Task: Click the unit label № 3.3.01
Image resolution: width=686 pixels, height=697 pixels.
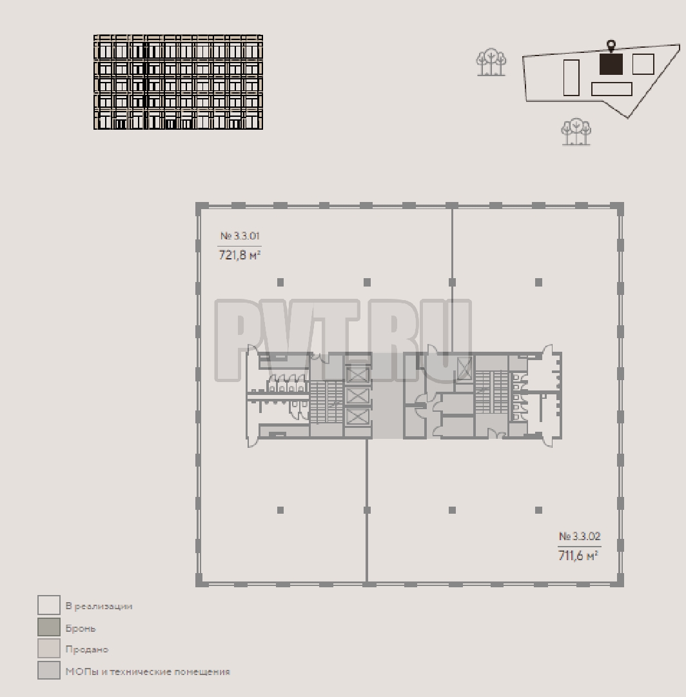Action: pyautogui.click(x=239, y=236)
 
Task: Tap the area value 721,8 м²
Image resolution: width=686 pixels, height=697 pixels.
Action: pyautogui.click(x=239, y=256)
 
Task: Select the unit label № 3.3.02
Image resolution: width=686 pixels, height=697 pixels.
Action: pyautogui.click(x=580, y=536)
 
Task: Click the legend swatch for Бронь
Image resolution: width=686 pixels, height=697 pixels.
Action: pyautogui.click(x=49, y=627)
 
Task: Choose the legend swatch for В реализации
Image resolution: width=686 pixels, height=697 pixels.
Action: pyautogui.click(x=49, y=605)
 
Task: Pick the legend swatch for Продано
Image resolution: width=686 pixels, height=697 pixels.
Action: pyautogui.click(x=49, y=649)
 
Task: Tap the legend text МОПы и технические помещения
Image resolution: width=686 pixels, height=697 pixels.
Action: pyautogui.click(x=148, y=672)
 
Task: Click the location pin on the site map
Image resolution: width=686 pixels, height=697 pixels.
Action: pyautogui.click(x=611, y=46)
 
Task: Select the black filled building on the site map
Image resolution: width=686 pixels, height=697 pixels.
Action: pyautogui.click(x=611, y=64)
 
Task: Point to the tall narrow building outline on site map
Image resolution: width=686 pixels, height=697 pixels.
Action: pyautogui.click(x=571, y=78)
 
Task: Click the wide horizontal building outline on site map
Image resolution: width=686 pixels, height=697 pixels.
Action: pyautogui.click(x=612, y=89)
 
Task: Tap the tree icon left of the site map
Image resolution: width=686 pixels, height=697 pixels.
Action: pyautogui.click(x=491, y=62)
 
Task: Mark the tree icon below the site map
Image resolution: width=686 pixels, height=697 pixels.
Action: pyautogui.click(x=576, y=132)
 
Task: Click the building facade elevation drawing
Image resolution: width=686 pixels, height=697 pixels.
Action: pyautogui.click(x=178, y=82)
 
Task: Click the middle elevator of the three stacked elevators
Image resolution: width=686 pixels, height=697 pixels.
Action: pyautogui.click(x=357, y=396)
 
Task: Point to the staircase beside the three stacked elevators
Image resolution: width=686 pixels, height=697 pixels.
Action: pyautogui.click(x=326, y=402)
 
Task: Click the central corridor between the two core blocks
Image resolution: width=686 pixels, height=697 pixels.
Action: pyautogui.click(x=387, y=396)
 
